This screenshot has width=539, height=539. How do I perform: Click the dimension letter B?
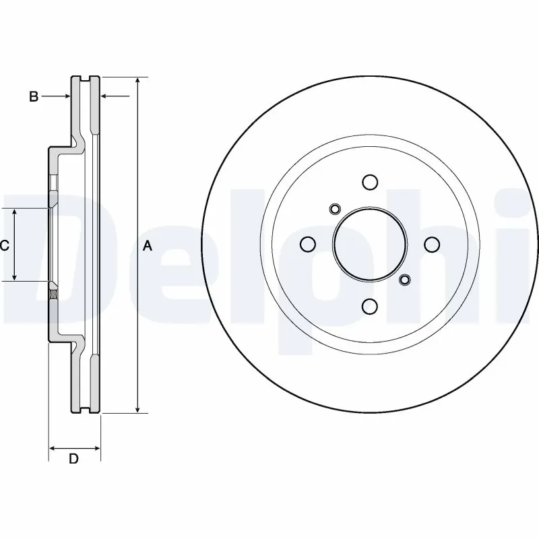pos(33,97)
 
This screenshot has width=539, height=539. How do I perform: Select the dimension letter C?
pos(5,246)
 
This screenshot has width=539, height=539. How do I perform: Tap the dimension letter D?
pos(74,459)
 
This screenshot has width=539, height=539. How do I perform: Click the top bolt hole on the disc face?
pos(369,182)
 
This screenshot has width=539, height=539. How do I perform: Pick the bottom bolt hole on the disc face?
pos(369,307)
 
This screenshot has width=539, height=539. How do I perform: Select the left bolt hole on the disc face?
pos(307,244)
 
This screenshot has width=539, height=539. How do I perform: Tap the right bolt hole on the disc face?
pos(431,244)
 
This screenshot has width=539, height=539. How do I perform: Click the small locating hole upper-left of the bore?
pos(333,209)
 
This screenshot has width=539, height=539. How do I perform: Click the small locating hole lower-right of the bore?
pos(404,280)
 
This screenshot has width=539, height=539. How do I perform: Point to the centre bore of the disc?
pos(369,244)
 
